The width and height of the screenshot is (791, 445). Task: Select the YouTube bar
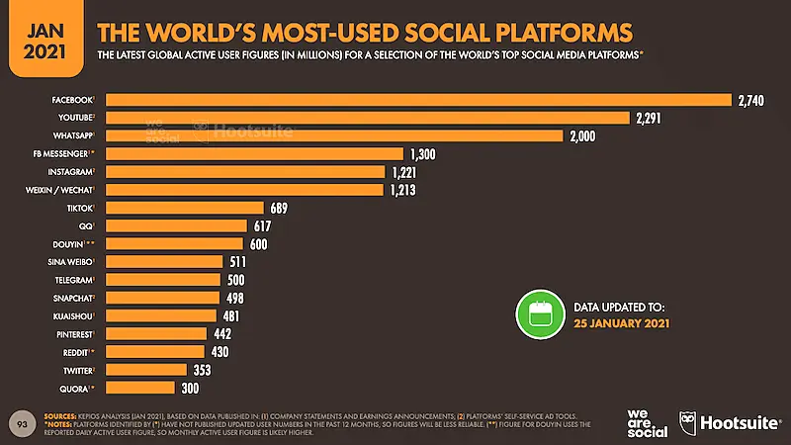tap(367, 118)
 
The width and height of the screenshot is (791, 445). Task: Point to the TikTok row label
tap(79, 208)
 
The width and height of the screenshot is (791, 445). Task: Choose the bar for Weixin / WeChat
tap(243, 190)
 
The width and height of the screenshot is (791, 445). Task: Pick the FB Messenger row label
tap(63, 154)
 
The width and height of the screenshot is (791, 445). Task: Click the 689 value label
tap(280, 208)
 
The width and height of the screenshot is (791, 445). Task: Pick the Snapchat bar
tap(162, 298)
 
